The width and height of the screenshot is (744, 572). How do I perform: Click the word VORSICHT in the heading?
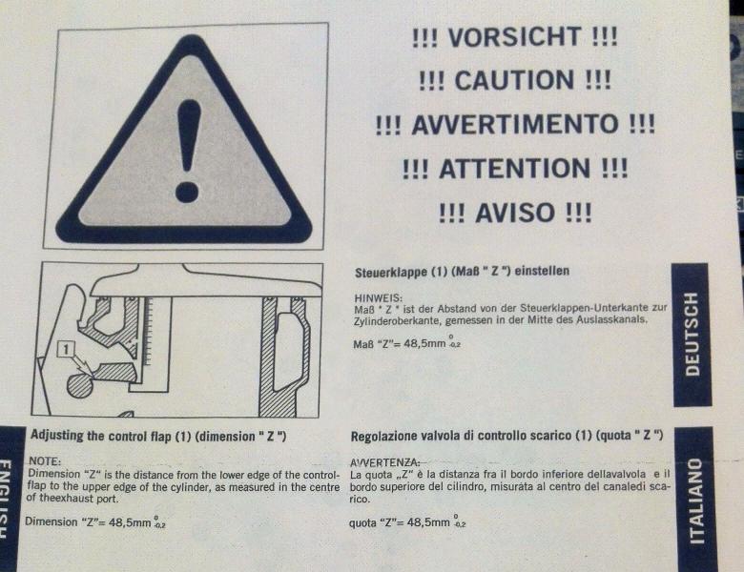coord(514,37)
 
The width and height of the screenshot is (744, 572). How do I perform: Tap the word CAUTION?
coord(515,80)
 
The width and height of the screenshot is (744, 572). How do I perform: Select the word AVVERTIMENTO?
coord(515,124)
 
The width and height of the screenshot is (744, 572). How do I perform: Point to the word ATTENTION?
coord(515,169)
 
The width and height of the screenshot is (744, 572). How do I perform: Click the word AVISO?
coord(515,213)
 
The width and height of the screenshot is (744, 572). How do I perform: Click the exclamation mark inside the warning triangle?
coord(188,151)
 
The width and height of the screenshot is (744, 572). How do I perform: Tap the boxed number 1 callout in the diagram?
coord(66,350)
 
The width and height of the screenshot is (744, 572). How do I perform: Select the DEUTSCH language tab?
coord(692,335)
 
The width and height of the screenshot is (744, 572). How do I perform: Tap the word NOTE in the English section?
coord(45,461)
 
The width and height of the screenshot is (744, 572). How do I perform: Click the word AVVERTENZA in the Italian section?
coord(384,462)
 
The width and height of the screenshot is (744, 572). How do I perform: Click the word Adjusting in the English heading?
coord(57,436)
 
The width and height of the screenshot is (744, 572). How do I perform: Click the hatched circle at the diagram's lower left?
coord(80,384)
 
